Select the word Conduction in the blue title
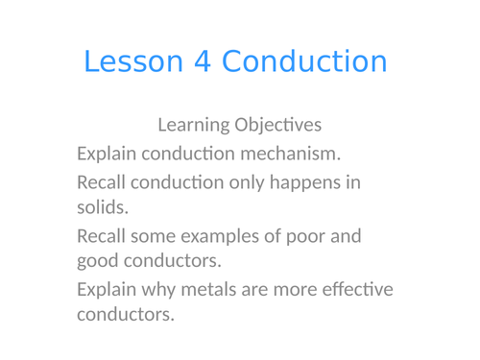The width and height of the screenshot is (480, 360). (304, 62)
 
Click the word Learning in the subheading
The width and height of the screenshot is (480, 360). (190, 126)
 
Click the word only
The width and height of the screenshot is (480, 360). (247, 181)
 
